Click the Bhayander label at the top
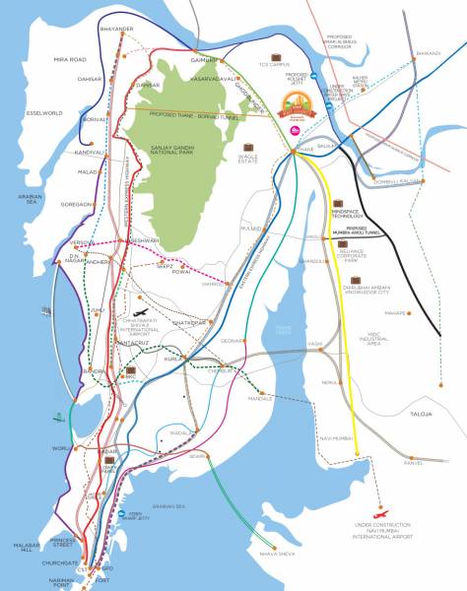tap(116, 30)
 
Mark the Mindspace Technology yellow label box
tap(349, 212)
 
